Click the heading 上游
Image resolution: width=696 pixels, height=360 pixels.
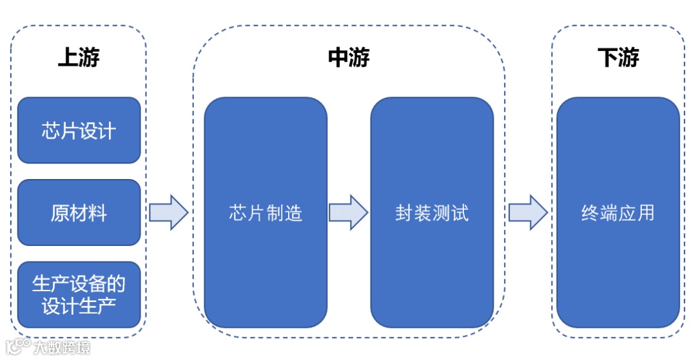coord(79,59)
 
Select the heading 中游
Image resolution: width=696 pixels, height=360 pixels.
coord(349,59)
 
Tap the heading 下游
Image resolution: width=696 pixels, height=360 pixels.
coord(618,59)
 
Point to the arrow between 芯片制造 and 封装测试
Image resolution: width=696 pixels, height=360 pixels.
coord(349,213)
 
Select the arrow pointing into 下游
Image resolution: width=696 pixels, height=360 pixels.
coord(528,213)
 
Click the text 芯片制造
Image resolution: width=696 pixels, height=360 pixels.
coord(266,213)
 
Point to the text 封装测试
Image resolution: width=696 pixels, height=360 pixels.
coord(432,213)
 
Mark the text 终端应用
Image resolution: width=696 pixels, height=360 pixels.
coord(618,213)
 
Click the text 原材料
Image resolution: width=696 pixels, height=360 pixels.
coord(79,213)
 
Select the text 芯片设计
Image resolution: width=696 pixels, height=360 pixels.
coord(79,131)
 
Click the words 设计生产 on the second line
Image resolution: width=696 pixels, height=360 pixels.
coord(79,306)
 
